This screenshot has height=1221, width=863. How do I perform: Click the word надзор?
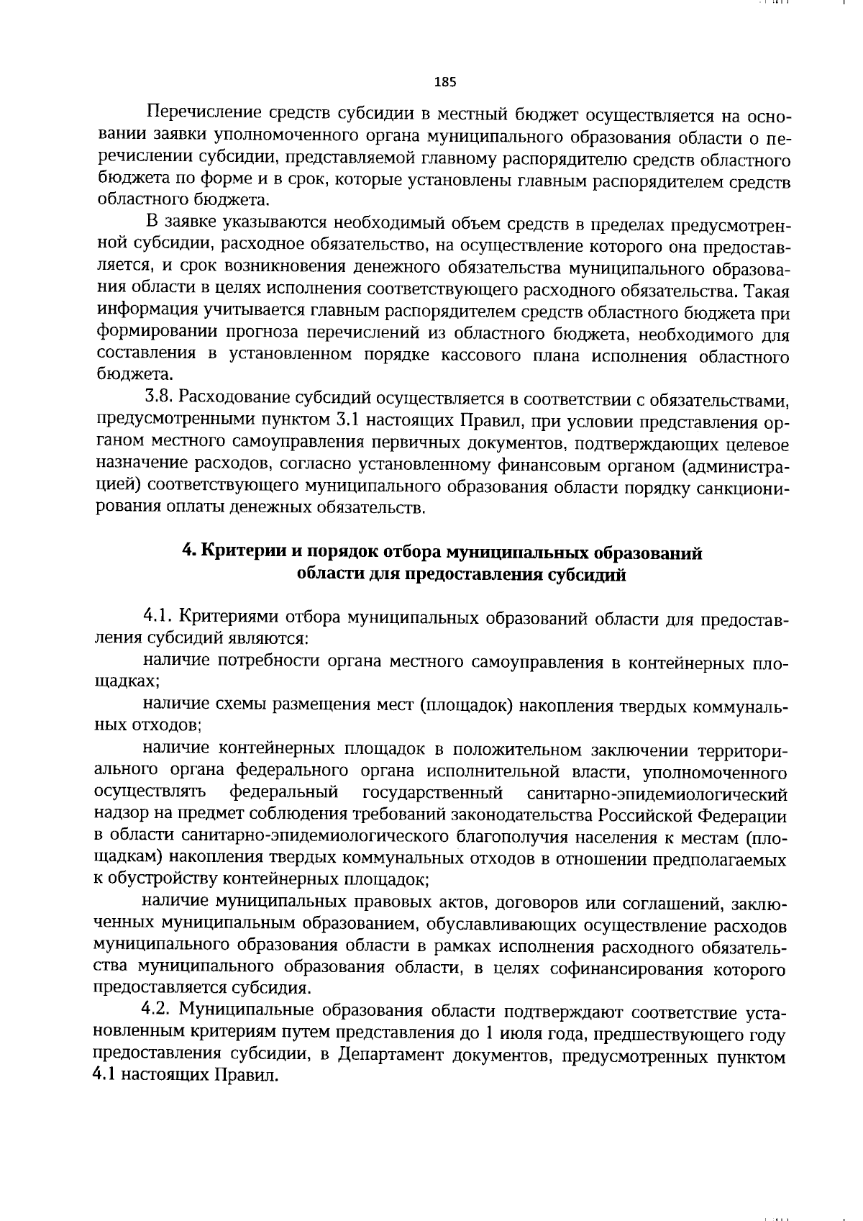pyautogui.click(x=118, y=816)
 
